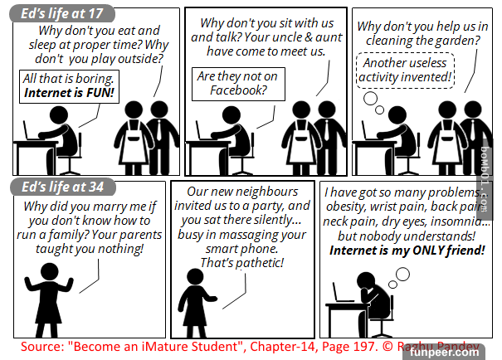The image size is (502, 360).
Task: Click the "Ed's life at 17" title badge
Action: (x=62, y=14)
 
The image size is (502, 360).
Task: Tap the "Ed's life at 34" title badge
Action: (x=63, y=187)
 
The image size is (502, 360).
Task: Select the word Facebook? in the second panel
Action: (x=238, y=90)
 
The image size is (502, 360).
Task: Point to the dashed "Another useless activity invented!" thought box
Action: (x=405, y=71)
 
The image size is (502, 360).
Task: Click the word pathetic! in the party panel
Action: (x=260, y=263)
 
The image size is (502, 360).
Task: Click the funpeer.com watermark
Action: (x=445, y=353)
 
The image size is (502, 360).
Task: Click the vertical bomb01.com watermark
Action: (x=485, y=179)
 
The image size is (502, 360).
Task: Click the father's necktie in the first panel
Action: (x=159, y=130)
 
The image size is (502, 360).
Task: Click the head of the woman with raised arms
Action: (x=50, y=272)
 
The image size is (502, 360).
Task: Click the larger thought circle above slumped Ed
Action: (x=402, y=275)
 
